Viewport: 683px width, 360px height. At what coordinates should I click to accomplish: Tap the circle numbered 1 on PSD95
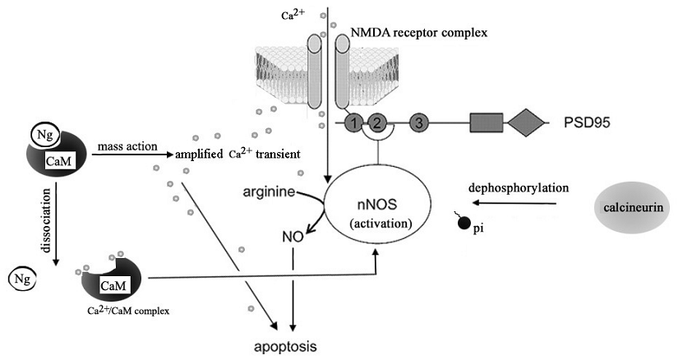click(353, 123)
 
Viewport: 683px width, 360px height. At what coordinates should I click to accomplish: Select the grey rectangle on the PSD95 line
click(486, 123)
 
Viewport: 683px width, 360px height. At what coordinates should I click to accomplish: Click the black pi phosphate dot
click(464, 222)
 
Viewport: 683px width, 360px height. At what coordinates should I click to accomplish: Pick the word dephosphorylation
click(519, 187)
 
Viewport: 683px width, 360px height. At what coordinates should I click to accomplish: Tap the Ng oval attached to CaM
click(43, 134)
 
